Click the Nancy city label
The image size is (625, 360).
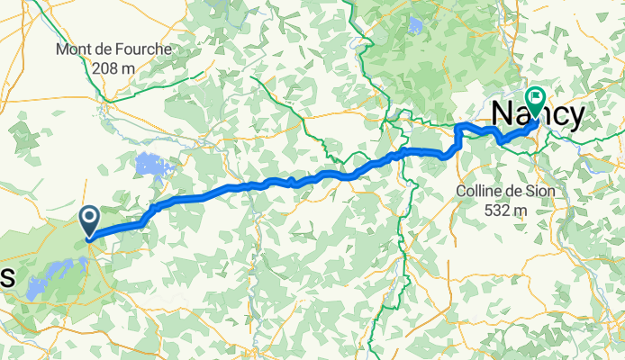point(539,114)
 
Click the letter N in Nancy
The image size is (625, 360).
point(504,114)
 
